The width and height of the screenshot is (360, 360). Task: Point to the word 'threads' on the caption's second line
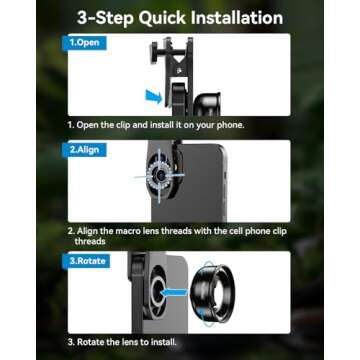click(x=91, y=241)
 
